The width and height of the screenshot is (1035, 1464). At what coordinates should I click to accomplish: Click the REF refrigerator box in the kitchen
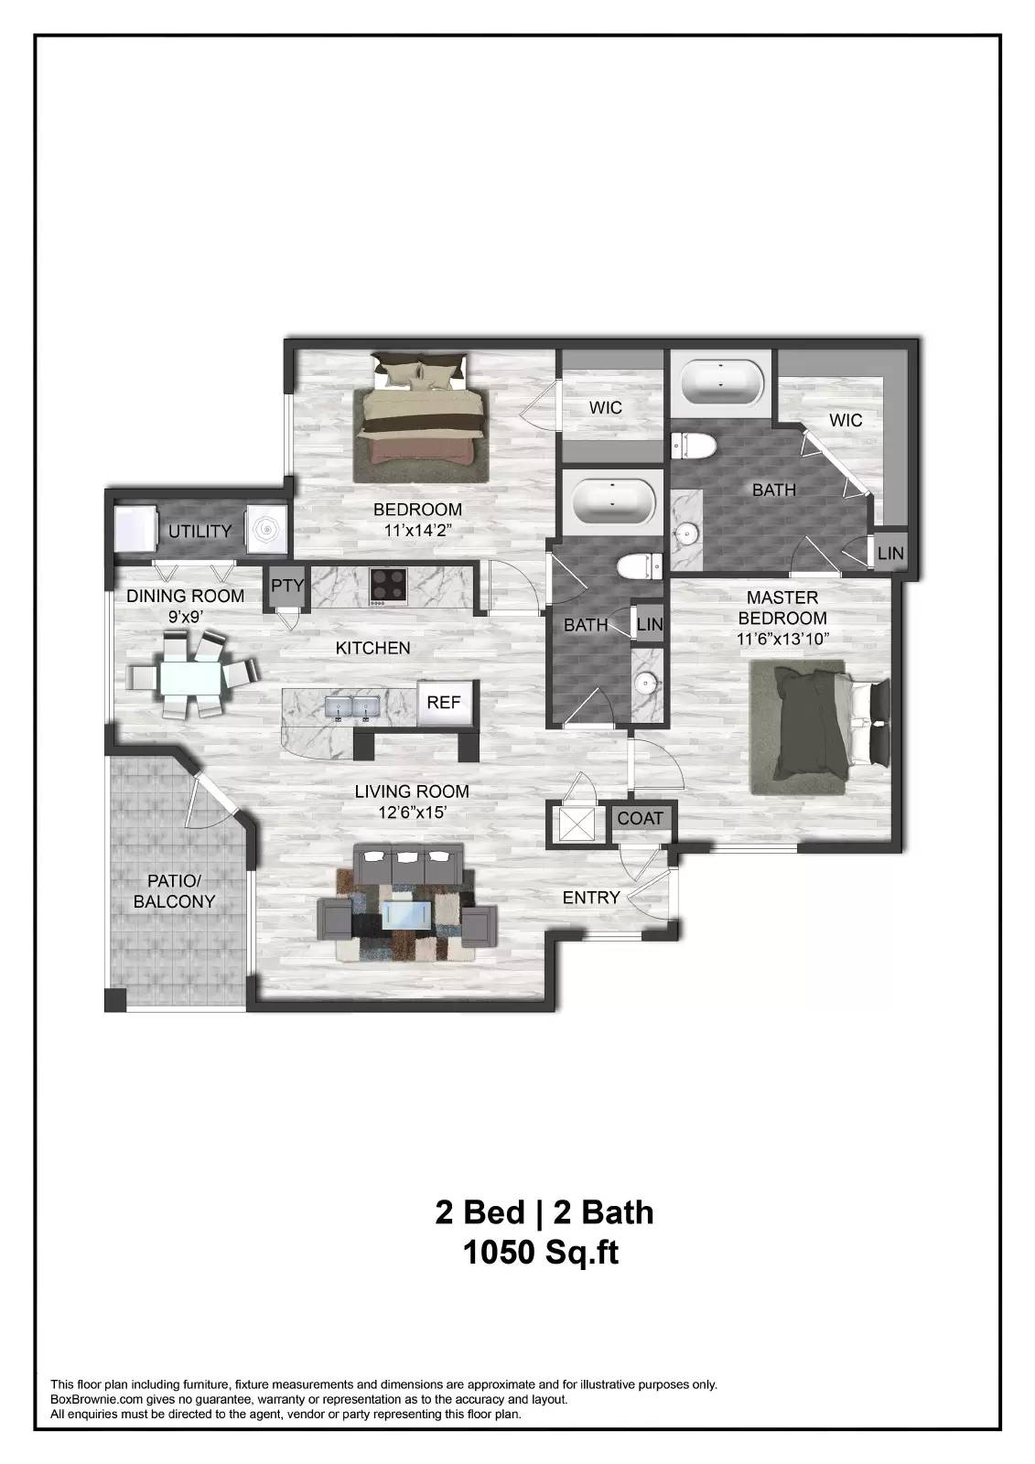[x=444, y=703]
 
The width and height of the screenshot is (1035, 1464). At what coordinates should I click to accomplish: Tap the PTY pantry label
[x=287, y=587]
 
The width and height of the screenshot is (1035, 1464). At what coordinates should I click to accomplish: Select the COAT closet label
[x=640, y=818]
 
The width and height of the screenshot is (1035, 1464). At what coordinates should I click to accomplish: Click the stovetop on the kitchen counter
[x=389, y=587]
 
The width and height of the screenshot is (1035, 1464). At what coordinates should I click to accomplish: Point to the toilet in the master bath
[x=693, y=446]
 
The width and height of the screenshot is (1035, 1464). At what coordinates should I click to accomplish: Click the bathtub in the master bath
[x=721, y=382]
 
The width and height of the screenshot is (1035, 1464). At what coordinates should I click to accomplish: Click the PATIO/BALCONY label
[x=174, y=891]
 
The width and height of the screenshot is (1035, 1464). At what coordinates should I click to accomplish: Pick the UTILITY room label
[x=199, y=532]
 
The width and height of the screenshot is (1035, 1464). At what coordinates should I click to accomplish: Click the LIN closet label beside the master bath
[x=889, y=554]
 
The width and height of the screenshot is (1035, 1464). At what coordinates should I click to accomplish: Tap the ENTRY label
[x=591, y=899]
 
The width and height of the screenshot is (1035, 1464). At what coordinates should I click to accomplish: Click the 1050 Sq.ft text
[x=542, y=1252]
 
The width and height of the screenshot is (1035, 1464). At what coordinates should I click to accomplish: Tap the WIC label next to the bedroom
[x=605, y=407]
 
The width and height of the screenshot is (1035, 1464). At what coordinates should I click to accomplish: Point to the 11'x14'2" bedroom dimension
[x=416, y=530]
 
